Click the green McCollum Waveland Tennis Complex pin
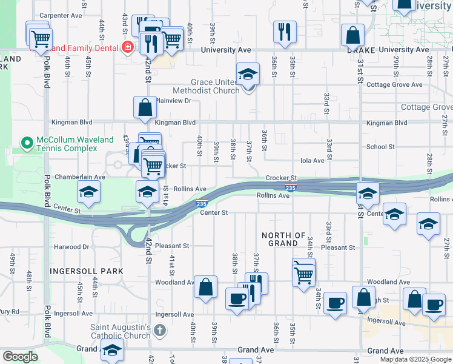[26, 143]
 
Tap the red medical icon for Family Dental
[128, 48]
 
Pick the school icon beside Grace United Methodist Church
[248, 74]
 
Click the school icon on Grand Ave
[112, 349]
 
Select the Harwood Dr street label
[71, 247]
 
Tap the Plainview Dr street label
[173, 101]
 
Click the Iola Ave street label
[312, 160]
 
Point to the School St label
[380, 147]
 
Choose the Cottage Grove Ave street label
[394, 84]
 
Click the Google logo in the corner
[20, 357]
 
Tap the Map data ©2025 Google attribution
[415, 359]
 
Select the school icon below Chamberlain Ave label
[89, 193]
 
